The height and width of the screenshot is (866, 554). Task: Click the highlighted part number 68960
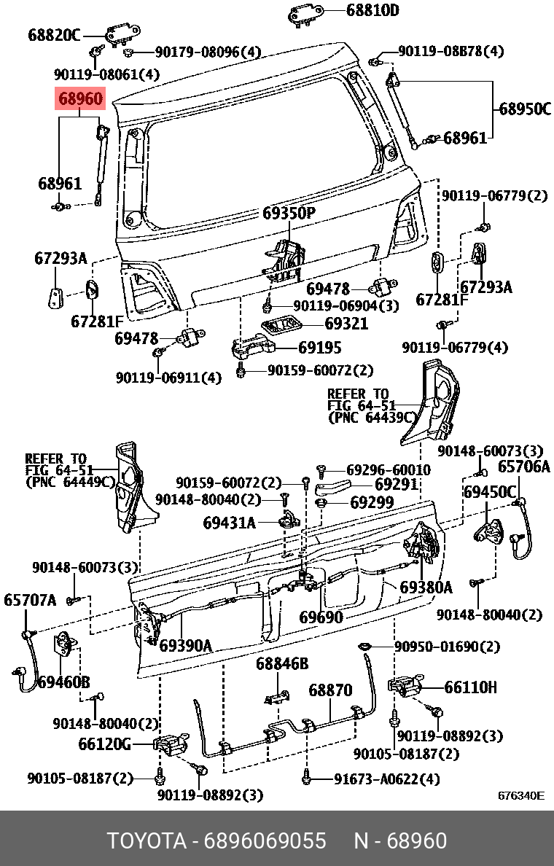tap(81, 99)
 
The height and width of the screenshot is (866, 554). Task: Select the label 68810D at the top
tap(372, 10)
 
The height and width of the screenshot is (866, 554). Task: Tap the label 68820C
tap(54, 35)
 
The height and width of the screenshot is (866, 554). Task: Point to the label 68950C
tap(525, 109)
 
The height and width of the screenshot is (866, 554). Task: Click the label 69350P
tap(288, 213)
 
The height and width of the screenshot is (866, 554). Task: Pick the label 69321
tap(346, 323)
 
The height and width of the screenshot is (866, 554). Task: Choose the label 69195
tap(320, 348)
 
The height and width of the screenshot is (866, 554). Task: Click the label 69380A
tap(426, 587)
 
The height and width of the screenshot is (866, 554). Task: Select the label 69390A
tap(186, 645)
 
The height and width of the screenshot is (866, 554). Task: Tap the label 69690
tap(321, 617)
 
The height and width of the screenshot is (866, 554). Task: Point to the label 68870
tap(329, 690)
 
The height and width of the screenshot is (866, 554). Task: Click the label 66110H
tap(471, 687)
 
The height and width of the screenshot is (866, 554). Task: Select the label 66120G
tap(104, 744)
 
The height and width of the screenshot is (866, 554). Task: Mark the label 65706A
tap(524, 467)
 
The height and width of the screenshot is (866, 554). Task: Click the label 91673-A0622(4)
tap(386, 779)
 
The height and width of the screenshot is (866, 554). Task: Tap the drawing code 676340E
tap(521, 796)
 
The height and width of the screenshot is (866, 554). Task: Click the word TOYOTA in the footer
tap(147, 840)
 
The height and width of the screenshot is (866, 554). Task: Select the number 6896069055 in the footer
tap(265, 840)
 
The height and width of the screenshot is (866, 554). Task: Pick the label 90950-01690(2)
tap(447, 646)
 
